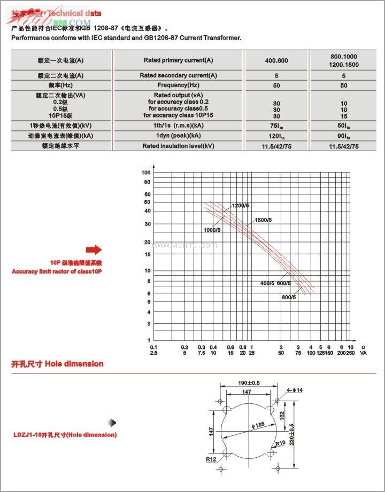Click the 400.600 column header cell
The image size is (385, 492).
[x=276, y=60]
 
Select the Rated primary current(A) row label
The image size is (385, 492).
[x=178, y=60]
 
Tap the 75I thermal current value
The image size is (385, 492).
[x=276, y=125]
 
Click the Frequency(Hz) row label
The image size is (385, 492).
[x=178, y=85]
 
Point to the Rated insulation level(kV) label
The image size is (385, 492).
[x=178, y=146]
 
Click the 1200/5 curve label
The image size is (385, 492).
[x=241, y=206]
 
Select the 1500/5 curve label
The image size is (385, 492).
[x=263, y=220]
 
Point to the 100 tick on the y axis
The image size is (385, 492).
[x=146, y=173]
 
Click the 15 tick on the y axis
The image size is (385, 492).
[x=148, y=254]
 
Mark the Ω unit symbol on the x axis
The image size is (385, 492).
[x=364, y=347]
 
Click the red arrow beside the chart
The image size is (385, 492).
[x=94, y=249]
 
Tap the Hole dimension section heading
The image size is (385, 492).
[x=57, y=364]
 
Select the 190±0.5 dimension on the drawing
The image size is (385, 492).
[x=249, y=383]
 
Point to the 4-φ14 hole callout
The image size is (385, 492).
[x=295, y=391]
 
